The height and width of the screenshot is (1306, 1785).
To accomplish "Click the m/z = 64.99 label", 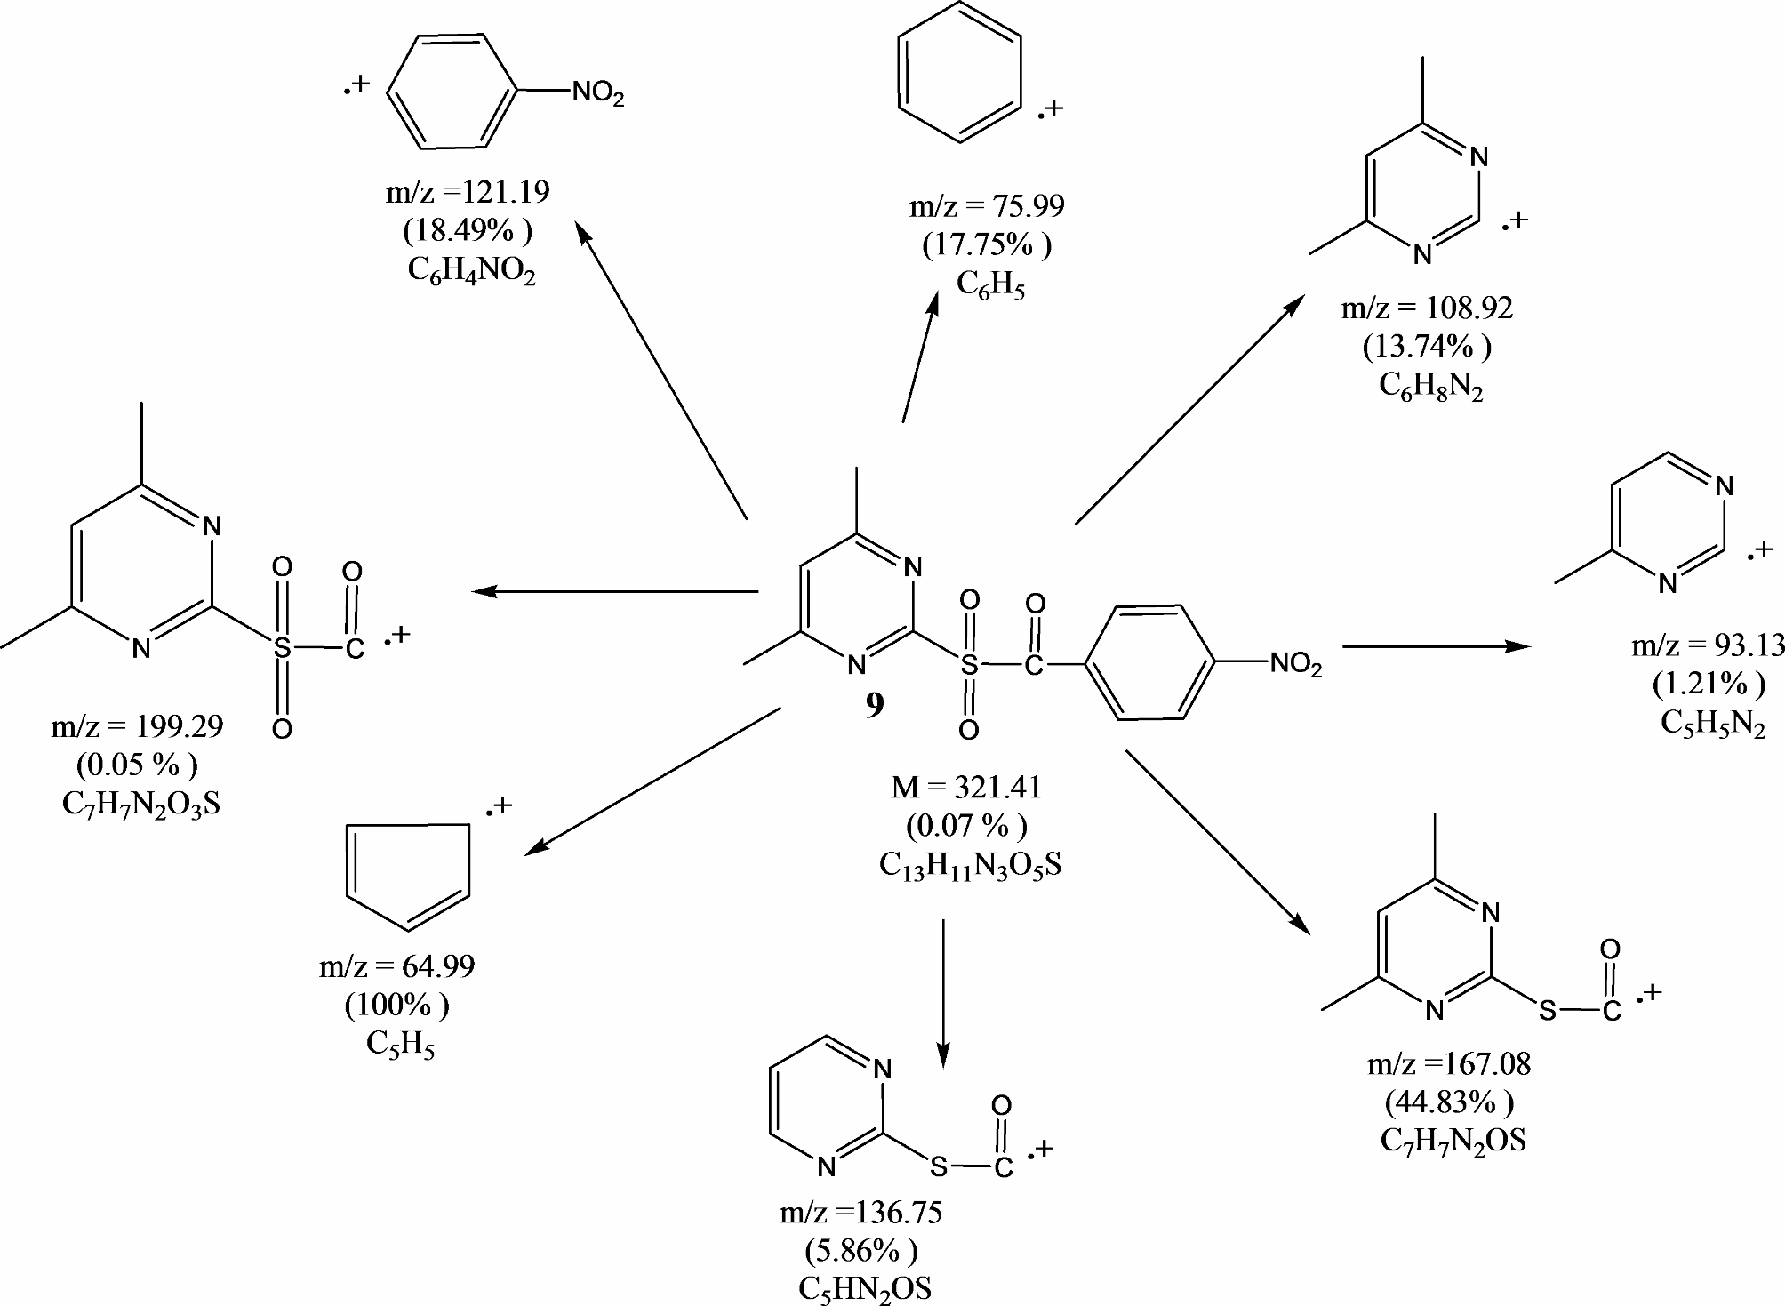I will (396, 966).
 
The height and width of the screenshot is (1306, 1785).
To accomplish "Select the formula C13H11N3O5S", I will (970, 866).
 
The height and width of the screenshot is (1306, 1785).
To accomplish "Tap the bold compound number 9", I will (875, 706).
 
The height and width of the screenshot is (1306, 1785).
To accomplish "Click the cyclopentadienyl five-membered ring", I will (407, 875).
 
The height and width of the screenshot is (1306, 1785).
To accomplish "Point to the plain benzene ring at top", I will (959, 71).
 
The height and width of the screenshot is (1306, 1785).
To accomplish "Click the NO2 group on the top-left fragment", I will (597, 92).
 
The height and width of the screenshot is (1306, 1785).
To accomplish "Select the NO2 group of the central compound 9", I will (1295, 664).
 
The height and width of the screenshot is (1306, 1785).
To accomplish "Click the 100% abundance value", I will (396, 1006).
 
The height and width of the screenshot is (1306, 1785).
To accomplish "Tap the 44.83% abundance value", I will (1449, 1102).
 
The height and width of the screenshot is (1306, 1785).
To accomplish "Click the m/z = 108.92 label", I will (1427, 308).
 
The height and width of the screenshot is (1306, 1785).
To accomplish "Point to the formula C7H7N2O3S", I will (141, 805).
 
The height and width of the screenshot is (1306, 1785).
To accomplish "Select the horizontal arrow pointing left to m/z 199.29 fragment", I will (613, 591).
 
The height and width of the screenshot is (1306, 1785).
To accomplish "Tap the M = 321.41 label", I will (966, 788).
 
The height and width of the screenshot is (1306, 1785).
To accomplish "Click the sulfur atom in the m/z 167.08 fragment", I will (1548, 1011).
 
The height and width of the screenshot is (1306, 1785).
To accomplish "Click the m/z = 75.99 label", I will (986, 206).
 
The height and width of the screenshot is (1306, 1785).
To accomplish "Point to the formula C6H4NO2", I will (471, 270).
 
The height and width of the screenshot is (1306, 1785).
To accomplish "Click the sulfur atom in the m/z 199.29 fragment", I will (282, 648).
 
